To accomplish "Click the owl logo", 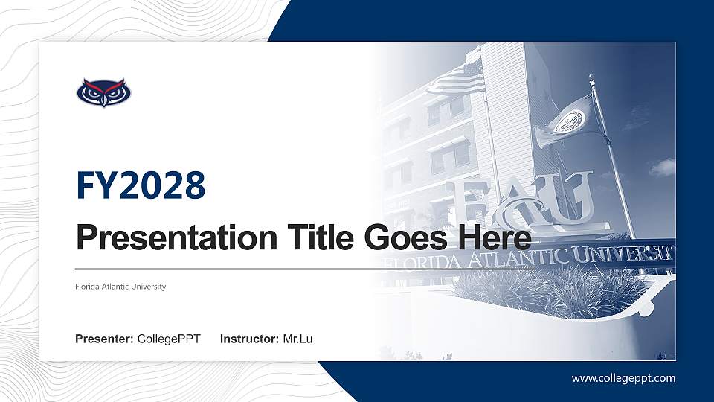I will click(103, 93).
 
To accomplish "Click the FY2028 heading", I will click(141, 186).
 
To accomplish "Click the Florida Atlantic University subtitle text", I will click(120, 287).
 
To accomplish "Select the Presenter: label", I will click(104, 339).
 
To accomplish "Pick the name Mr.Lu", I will click(297, 339).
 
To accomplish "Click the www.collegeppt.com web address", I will click(623, 378).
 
